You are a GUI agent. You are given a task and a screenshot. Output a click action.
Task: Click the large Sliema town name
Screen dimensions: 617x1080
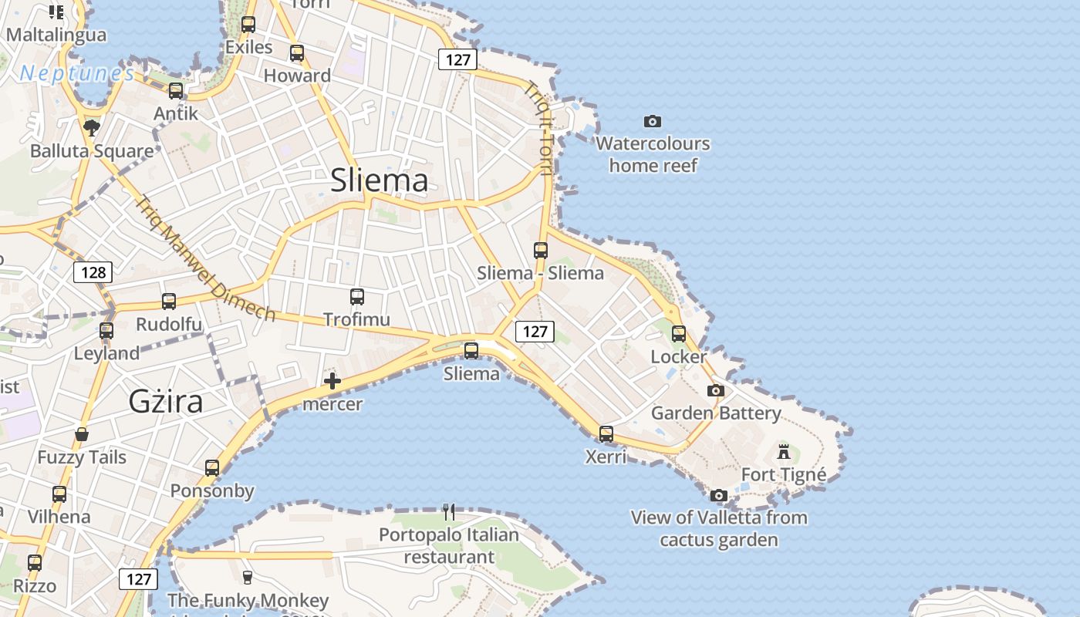[x=379, y=180]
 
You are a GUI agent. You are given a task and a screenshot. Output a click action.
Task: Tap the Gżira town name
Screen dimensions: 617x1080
[x=166, y=401]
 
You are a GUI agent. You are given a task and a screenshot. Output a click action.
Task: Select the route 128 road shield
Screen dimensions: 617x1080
[x=93, y=272]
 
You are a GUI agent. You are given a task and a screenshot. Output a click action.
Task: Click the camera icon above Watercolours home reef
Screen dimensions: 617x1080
[x=653, y=121]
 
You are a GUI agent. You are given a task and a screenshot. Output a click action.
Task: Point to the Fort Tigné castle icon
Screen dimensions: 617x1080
[x=784, y=451]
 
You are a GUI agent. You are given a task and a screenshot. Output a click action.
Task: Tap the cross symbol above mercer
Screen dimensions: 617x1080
[x=332, y=381]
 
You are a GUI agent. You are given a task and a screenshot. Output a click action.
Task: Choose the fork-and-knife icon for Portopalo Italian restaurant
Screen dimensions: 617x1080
[x=449, y=511]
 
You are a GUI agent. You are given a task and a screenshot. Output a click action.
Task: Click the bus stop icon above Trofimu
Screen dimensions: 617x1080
[x=356, y=297]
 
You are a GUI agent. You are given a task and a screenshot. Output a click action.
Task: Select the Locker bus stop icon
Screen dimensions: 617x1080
[x=679, y=334]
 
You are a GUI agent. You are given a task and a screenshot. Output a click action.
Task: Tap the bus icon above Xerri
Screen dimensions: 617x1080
[x=606, y=433]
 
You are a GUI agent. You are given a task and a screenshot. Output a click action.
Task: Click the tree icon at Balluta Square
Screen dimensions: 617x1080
[x=92, y=127]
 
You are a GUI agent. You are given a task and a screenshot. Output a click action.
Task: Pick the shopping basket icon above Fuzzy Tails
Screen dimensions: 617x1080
[x=82, y=434]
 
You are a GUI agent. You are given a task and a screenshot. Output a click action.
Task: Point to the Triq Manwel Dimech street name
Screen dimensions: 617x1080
[x=205, y=259]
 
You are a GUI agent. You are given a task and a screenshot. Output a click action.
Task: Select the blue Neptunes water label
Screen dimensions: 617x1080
[x=77, y=73]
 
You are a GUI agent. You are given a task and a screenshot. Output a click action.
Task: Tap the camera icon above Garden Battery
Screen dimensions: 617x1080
[x=716, y=390]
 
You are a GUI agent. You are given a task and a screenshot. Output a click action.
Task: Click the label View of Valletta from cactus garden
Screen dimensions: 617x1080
[x=719, y=528]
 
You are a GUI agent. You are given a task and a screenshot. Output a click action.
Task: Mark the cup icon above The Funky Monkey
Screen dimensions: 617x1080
[x=248, y=577]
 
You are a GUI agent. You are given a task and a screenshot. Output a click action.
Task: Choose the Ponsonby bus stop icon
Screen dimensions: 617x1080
[x=212, y=468]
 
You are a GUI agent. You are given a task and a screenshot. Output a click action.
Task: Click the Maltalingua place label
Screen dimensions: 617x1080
[x=56, y=35]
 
